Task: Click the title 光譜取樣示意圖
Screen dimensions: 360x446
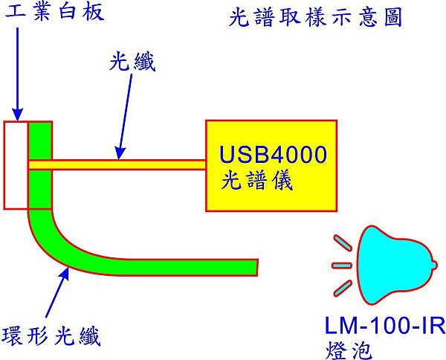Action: point(315,18)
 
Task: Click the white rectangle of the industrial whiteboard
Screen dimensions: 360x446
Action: point(15,164)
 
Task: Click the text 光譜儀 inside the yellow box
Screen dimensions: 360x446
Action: point(253,180)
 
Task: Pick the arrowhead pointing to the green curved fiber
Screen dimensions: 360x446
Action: point(65,273)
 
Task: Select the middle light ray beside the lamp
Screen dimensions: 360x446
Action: point(340,264)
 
